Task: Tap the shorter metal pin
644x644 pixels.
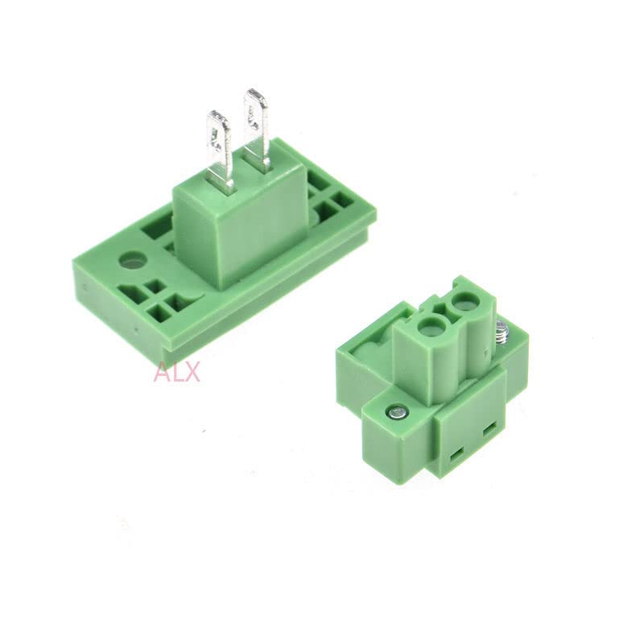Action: pos(220,149)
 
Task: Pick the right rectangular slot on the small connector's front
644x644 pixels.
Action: pos(488,432)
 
